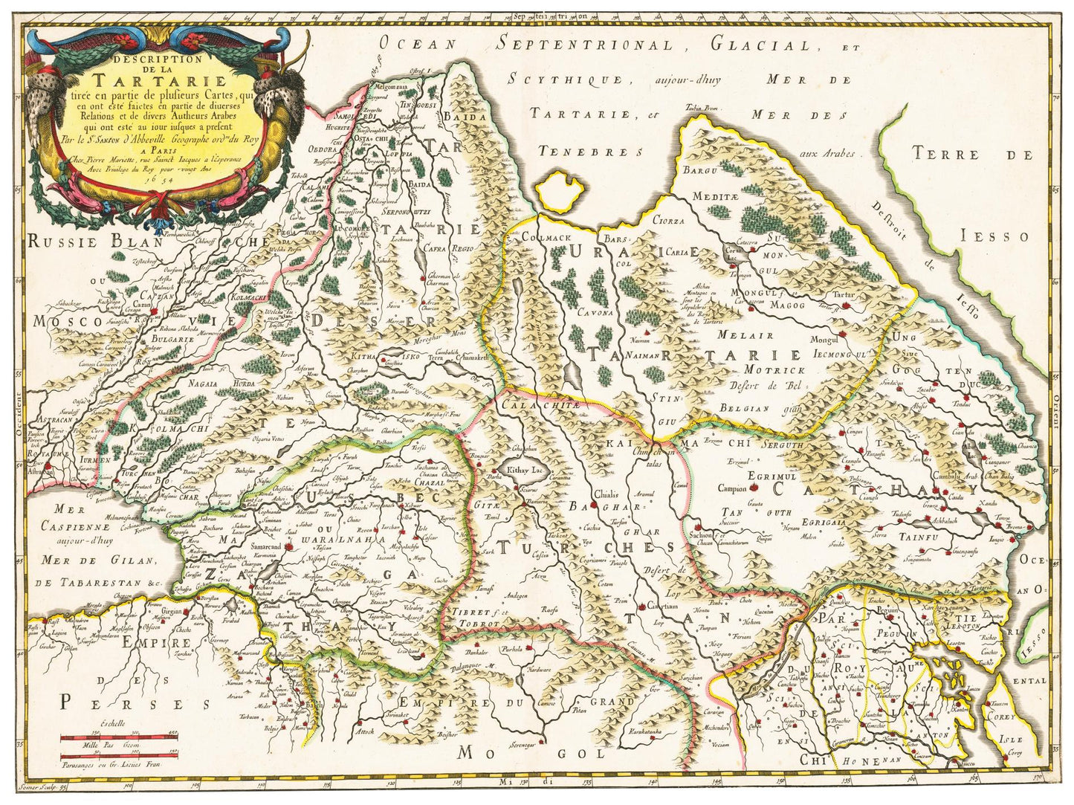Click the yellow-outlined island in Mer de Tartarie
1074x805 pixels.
tap(561, 192)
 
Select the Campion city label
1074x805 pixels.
tap(732, 488)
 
